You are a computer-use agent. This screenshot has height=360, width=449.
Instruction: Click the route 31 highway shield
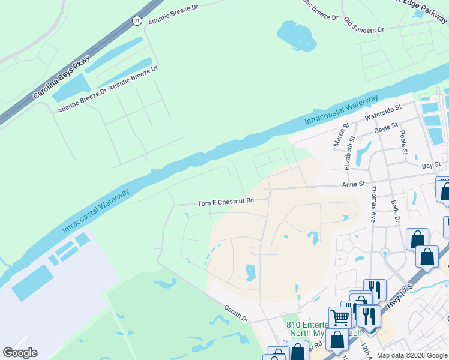pos(137,20)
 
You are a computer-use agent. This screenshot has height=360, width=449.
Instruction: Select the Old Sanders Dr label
pos(364,25)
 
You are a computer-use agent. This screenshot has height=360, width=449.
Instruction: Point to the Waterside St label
pos(383,113)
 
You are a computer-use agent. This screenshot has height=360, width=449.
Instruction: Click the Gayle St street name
pos(385,128)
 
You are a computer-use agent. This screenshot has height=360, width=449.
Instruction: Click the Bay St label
pos(431,164)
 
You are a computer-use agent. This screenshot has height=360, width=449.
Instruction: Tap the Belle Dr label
pos(394,211)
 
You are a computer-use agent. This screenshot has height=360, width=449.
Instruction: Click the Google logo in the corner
pos(20,353)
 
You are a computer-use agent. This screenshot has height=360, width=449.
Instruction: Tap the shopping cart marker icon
pos(340,317)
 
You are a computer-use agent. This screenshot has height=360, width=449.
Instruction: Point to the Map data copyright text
pos(411,356)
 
